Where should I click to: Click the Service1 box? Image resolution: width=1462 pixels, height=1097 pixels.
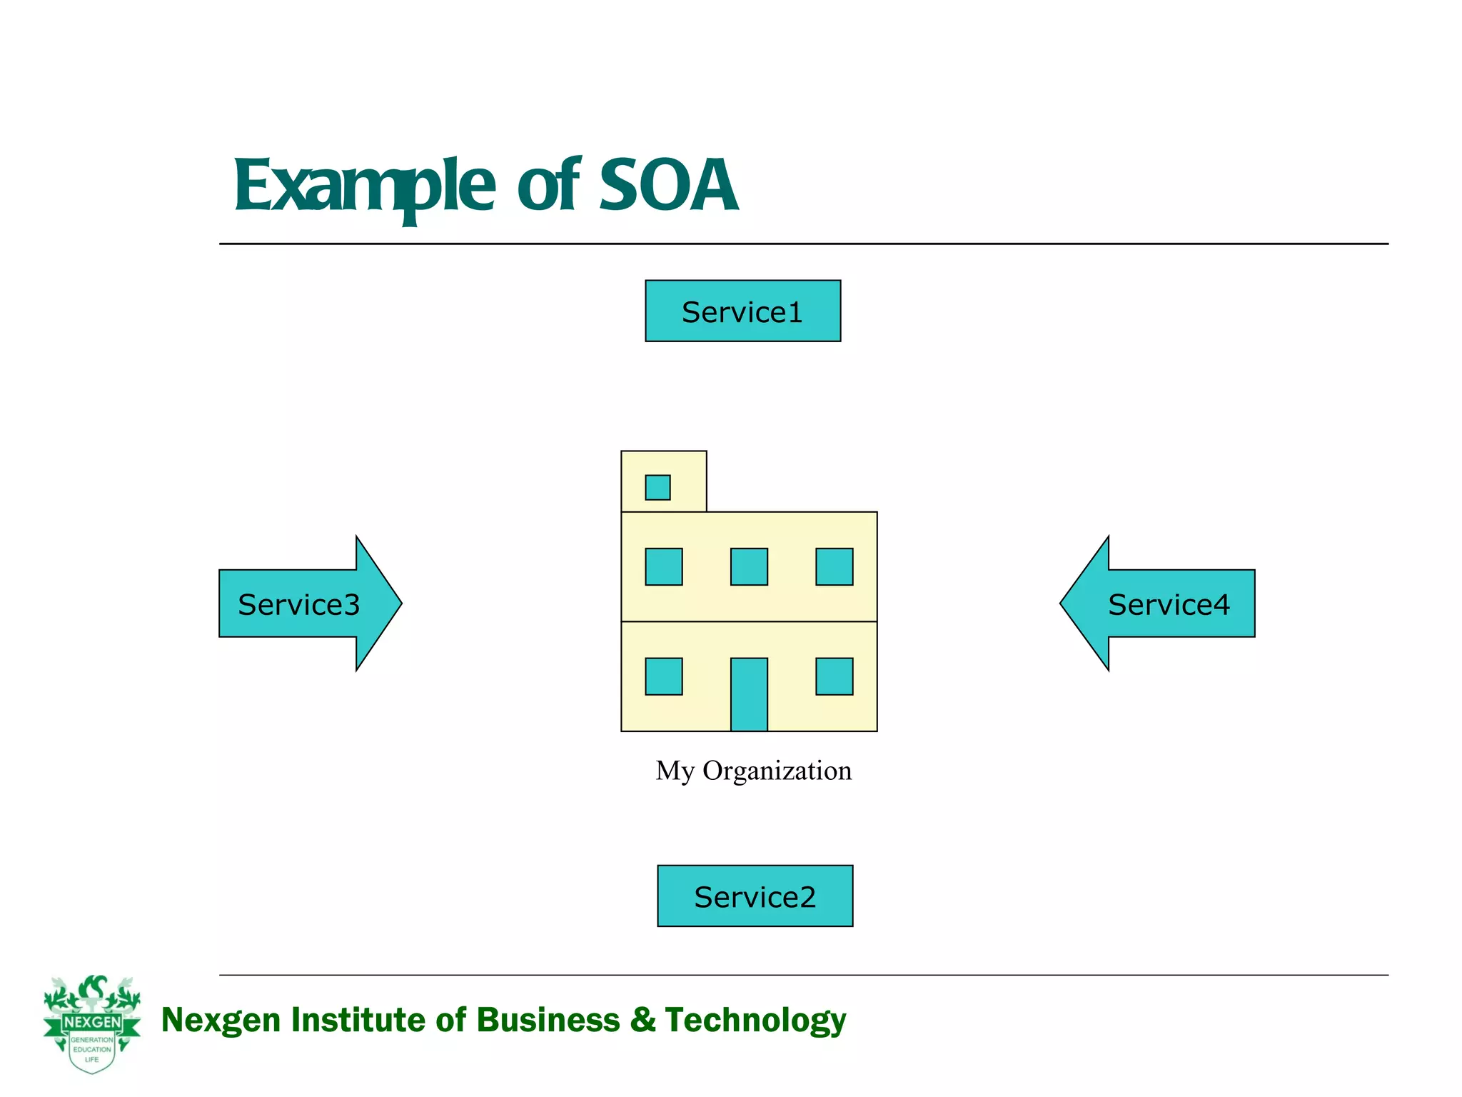(742, 311)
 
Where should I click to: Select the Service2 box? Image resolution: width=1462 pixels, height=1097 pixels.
(755, 896)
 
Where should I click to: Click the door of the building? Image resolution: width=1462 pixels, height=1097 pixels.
(749, 694)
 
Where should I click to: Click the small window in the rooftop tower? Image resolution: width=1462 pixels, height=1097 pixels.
(657, 487)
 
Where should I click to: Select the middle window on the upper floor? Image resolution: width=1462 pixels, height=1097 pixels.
(749, 566)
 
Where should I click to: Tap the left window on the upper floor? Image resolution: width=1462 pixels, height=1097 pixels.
(663, 566)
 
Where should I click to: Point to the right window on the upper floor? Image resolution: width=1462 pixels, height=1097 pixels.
(834, 566)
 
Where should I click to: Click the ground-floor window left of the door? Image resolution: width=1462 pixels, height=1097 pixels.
(663, 676)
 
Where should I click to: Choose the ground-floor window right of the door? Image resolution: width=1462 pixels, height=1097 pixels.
(834, 676)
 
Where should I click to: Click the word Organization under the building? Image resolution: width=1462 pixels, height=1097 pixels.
(777, 771)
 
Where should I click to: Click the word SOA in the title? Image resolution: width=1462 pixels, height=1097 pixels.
(668, 186)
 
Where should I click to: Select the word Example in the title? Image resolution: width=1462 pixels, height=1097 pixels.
(364, 187)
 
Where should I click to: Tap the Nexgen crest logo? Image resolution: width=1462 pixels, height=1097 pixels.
(92, 1023)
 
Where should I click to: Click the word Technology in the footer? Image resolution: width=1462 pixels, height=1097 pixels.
(755, 1020)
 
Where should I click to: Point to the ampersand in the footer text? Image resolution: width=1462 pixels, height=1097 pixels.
(642, 1019)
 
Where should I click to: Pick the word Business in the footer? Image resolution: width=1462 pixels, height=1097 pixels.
(548, 1019)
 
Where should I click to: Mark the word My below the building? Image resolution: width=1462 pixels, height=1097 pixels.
(675, 771)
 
